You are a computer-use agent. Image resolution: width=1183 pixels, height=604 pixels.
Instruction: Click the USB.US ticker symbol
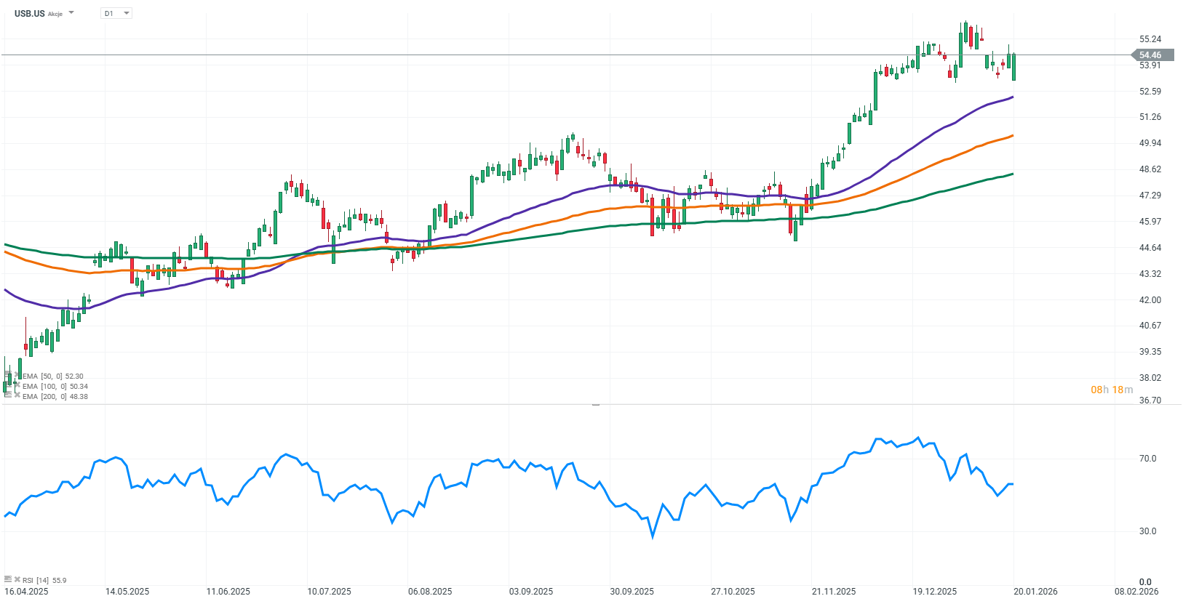[x=29, y=13]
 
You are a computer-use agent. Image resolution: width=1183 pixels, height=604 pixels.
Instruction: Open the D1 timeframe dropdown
[x=116, y=13]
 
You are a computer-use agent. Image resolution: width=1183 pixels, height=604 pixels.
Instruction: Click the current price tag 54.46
[x=1150, y=55]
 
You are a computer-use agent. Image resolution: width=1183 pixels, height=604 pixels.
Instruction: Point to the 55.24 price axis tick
[x=1150, y=39]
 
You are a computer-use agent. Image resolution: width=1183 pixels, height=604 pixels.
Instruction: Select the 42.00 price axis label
[x=1150, y=300]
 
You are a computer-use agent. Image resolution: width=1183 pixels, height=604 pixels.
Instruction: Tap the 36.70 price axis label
[x=1150, y=400]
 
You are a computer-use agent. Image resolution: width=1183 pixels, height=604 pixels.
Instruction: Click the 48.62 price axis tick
[x=1150, y=169]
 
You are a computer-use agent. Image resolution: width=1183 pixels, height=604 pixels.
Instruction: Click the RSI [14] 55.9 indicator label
[x=44, y=580]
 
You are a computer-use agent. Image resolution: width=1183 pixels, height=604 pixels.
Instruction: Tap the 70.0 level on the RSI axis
[x=1147, y=459]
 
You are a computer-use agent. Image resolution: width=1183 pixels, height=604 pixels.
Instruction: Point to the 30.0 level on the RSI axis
[x=1147, y=531]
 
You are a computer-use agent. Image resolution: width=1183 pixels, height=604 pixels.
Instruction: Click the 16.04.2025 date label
[x=26, y=592]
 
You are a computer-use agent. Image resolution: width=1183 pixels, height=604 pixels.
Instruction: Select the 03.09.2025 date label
[x=531, y=592]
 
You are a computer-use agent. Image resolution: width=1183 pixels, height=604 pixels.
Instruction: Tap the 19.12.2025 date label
[x=935, y=592]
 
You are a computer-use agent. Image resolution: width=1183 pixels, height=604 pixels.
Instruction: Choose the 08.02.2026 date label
[x=1136, y=592]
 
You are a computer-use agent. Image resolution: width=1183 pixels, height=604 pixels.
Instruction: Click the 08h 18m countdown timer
[x=1112, y=390]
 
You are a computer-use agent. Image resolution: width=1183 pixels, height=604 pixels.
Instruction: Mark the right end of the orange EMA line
[x=1012, y=135]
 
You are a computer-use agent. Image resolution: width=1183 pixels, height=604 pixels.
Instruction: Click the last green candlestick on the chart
[x=1013, y=67]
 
